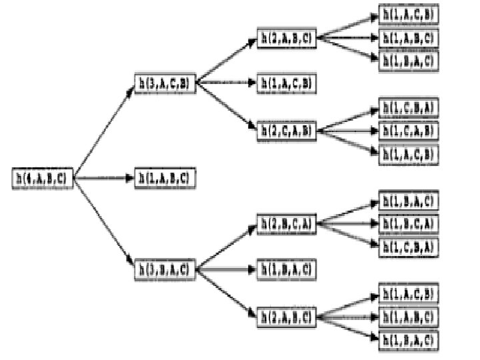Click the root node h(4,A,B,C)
pyautogui.click(x=43, y=178)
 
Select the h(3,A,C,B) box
pyautogui.click(x=165, y=83)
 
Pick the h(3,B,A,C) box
pyautogui.click(x=165, y=270)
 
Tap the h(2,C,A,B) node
pyautogui.click(x=287, y=131)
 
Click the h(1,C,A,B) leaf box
pyautogui.click(x=409, y=130)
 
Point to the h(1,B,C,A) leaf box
pyautogui.click(x=409, y=223)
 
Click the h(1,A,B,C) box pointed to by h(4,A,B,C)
pyautogui.click(x=165, y=178)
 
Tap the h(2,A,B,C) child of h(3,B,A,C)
pyautogui.click(x=287, y=315)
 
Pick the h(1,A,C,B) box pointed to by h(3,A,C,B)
pyautogui.click(x=287, y=83)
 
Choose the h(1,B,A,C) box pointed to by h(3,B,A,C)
pyautogui.click(x=287, y=270)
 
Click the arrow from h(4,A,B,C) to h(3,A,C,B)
pyautogui.click(x=104, y=131)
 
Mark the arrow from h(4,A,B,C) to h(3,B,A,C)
pyautogui.click(x=104, y=224)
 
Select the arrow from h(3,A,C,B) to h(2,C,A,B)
pyautogui.click(x=227, y=107)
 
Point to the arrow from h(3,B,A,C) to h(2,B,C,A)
pyautogui.click(x=227, y=247)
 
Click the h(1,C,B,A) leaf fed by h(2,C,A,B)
pyautogui.click(x=409, y=107)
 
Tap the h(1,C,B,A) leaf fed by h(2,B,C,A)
pyautogui.click(x=409, y=246)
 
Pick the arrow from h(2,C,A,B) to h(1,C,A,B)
pyautogui.click(x=348, y=131)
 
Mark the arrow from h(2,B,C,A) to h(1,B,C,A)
pyautogui.click(x=348, y=223)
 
